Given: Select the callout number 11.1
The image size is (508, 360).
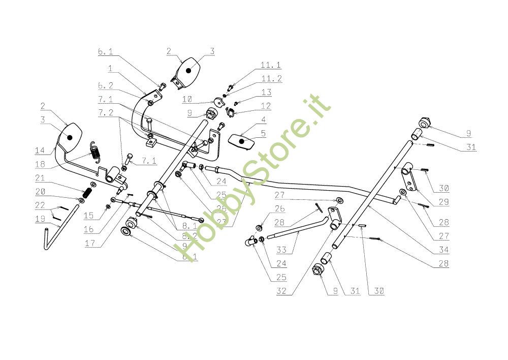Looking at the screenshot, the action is click(x=271, y=66).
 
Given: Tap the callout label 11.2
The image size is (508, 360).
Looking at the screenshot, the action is click(x=271, y=79).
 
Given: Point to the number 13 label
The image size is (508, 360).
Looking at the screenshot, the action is click(x=267, y=93).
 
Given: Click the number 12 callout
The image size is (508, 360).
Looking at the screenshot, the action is click(x=266, y=106).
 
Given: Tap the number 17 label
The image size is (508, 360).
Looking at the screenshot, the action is click(x=90, y=244).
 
